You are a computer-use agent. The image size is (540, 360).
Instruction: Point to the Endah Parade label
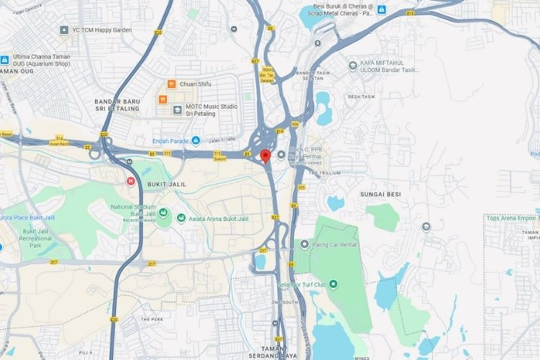(170, 140)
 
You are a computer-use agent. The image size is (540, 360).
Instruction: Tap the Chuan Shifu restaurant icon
(172, 84)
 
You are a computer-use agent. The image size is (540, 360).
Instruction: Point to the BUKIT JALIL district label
(166, 184)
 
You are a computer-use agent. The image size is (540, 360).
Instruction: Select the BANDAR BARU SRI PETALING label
(120, 107)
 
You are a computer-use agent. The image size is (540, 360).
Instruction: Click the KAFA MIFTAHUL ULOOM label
(388, 67)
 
